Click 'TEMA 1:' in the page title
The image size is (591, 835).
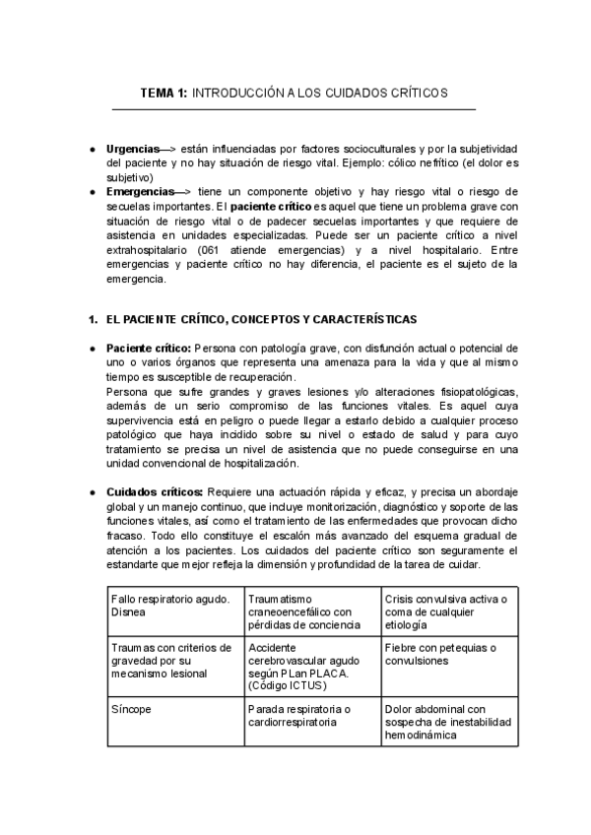(164, 93)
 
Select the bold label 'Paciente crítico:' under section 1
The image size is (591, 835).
(149, 348)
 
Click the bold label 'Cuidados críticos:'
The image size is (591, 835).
(154, 492)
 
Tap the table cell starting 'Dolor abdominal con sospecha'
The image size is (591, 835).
(448, 722)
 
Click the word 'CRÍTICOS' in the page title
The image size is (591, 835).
(414, 93)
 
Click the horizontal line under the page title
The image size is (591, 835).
(295, 109)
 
